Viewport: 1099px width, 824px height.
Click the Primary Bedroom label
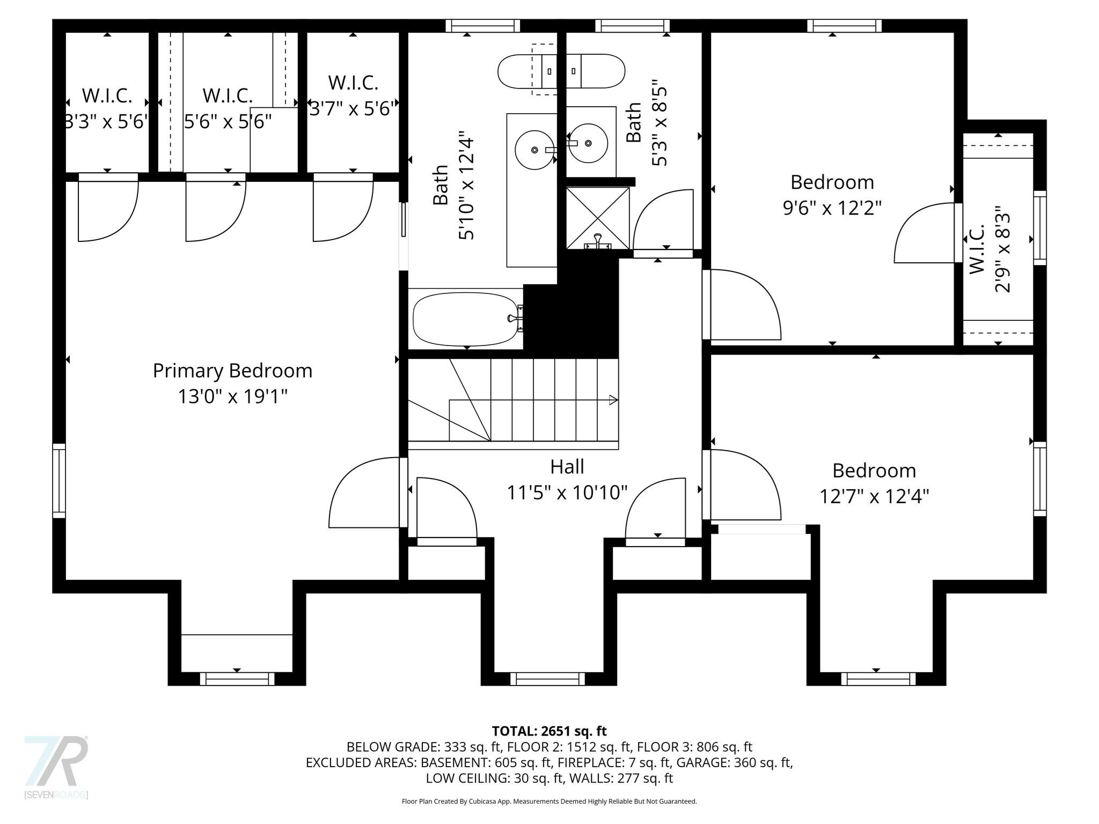[x=232, y=371]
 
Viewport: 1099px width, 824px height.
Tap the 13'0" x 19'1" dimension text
[x=232, y=397]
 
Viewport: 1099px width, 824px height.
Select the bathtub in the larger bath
[x=465, y=319]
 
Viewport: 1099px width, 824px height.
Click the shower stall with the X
[x=598, y=218]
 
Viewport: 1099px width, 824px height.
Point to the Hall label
[x=567, y=467]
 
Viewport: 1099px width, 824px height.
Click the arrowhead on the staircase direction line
[x=613, y=400]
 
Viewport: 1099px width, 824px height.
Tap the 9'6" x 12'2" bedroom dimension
[x=832, y=208]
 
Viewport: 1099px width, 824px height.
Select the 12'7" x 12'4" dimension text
[x=874, y=496]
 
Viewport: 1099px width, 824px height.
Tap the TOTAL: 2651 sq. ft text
[x=549, y=731]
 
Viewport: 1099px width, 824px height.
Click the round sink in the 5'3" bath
[x=588, y=143]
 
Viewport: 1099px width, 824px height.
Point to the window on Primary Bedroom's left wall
[x=59, y=481]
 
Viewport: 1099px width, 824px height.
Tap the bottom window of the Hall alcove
[x=547, y=679]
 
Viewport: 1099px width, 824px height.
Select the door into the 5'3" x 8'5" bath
[x=663, y=221]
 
